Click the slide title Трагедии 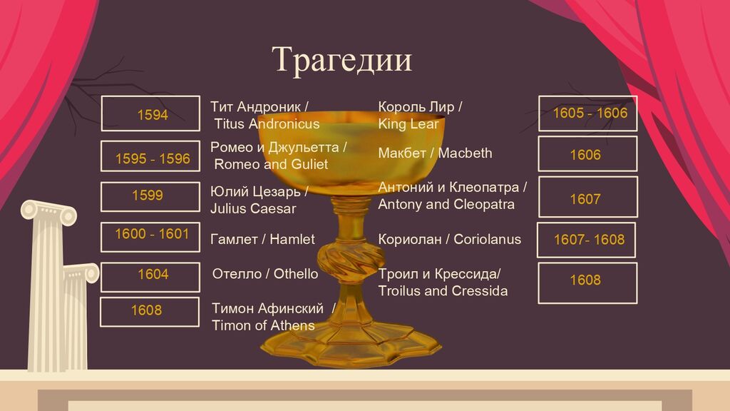tap(341, 60)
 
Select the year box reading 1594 tap(150, 113)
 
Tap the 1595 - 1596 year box tap(150, 156)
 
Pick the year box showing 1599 tap(150, 197)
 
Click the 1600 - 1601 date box tap(150, 237)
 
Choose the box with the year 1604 tap(150, 278)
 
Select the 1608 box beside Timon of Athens tap(150, 312)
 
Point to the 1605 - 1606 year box tap(588, 113)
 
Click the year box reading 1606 tap(587, 154)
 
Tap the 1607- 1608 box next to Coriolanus tap(586, 240)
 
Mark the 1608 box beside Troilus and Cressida tap(587, 283)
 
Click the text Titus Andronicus tap(267, 124)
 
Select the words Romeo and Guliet tap(271, 165)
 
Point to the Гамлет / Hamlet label tap(262, 240)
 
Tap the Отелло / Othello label tap(265, 274)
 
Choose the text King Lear tap(408, 124)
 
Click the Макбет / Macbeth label tap(435, 153)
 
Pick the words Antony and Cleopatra tap(446, 205)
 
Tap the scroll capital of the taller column tap(49, 213)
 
